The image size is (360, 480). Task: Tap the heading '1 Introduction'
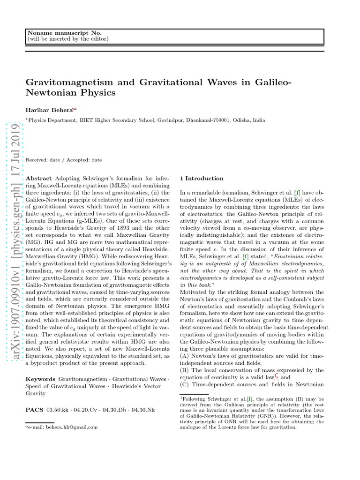[x=202, y=178]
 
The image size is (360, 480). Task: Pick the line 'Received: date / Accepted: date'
[x=64, y=160]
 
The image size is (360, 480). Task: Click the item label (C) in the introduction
[x=185, y=384]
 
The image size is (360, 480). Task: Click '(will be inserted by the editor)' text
[x=68, y=38]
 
